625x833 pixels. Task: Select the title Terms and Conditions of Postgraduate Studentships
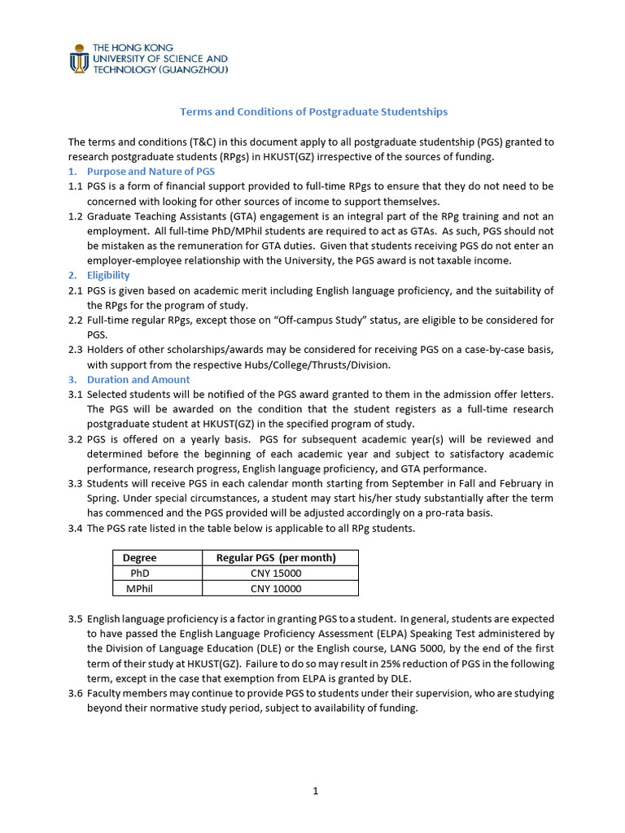click(313, 111)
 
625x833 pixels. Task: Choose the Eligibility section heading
click(108, 276)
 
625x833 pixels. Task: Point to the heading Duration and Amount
click(138, 380)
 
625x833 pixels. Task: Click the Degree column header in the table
click(140, 558)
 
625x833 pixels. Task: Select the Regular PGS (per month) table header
click(276, 558)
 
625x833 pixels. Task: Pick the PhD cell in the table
click(140, 574)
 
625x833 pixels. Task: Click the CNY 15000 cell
click(276, 574)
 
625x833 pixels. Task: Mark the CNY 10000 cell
click(276, 589)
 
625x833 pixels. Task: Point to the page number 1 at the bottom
click(315, 790)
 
